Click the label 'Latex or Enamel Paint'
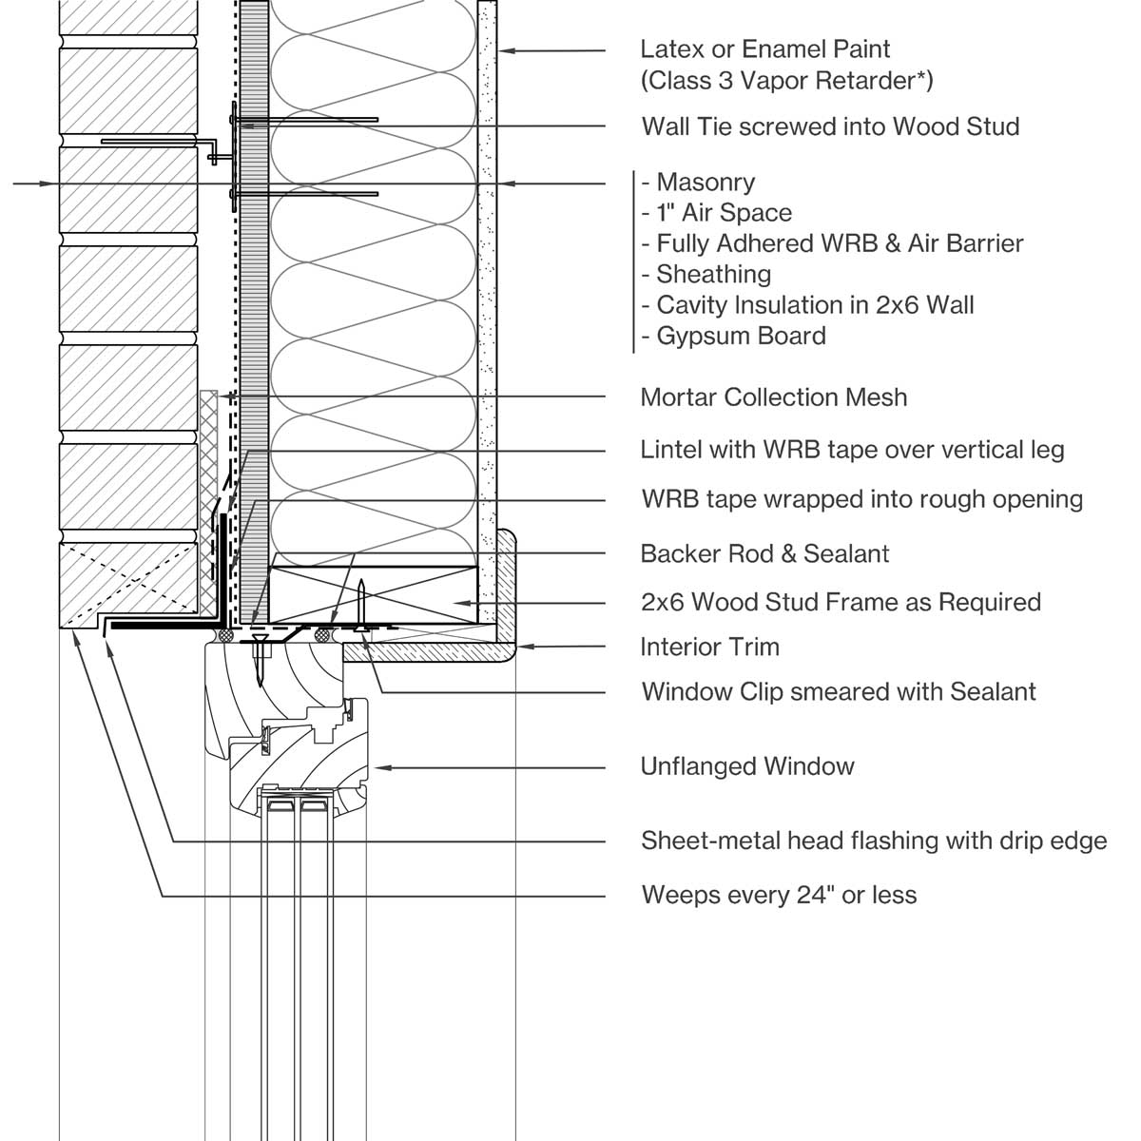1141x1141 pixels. click(764, 49)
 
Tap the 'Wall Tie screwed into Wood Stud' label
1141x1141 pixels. click(830, 126)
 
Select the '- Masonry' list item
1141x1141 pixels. click(699, 183)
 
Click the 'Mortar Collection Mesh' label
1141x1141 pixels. click(774, 397)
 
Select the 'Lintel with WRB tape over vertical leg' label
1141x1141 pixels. click(852, 450)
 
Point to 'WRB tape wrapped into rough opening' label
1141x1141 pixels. click(861, 499)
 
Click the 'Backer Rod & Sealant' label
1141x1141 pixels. click(764, 553)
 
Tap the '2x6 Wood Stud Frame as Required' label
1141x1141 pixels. click(841, 603)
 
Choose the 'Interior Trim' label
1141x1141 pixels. click(709, 648)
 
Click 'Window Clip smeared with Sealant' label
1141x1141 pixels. click(838, 691)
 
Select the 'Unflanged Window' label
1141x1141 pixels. click(747, 766)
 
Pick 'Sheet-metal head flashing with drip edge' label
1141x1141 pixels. click(873, 841)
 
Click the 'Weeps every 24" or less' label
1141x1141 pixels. click(779, 895)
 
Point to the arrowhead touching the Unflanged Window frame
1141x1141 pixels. click(380, 766)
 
